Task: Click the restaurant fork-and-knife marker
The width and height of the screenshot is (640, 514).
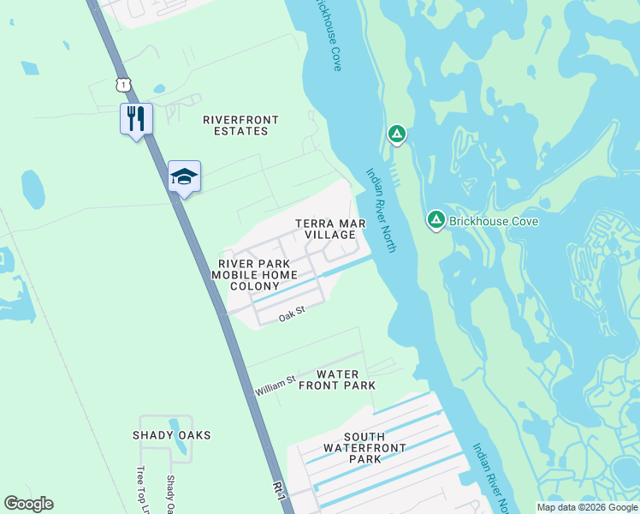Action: pos(136,118)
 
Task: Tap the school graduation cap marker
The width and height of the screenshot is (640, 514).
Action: pos(184,176)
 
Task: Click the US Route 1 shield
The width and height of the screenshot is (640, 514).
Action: pos(124,83)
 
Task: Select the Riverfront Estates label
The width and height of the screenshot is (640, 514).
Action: pos(235,125)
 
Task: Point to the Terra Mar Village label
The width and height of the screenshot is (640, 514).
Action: pos(330,229)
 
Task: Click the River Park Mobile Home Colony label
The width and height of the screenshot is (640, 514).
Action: pos(256,274)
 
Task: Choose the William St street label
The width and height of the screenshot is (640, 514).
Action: pos(275,385)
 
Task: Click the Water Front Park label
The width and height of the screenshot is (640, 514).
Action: pos(337,380)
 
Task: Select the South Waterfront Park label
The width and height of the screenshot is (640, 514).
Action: pos(353,448)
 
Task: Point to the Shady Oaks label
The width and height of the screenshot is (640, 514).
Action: pos(171,435)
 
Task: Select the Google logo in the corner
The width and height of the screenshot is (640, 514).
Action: pos(29,504)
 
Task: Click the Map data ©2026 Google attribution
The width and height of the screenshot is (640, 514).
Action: pos(587,507)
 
